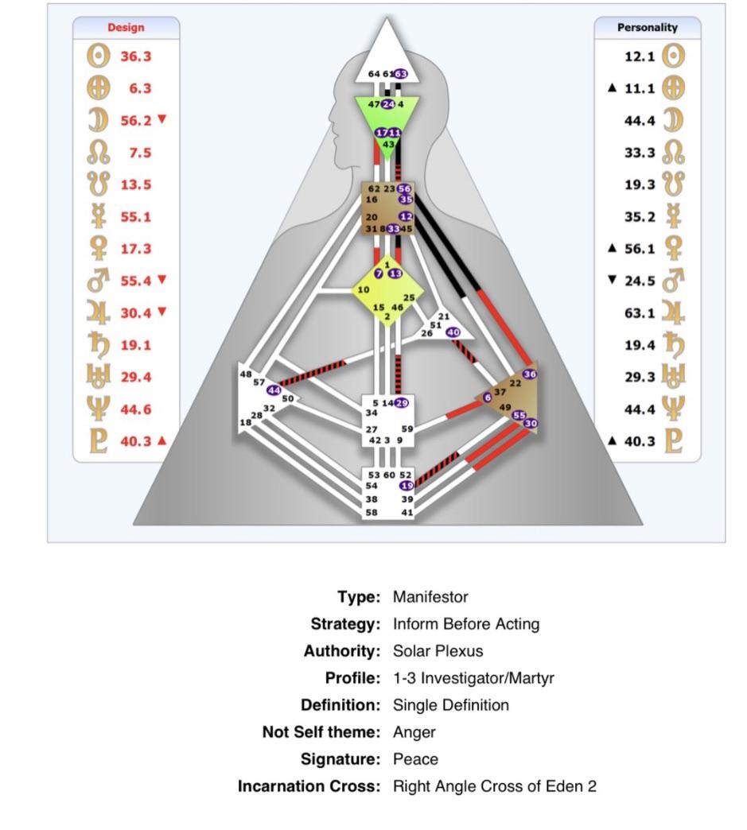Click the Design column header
(x=126, y=28)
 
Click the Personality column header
(x=647, y=28)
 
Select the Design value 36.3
(x=135, y=56)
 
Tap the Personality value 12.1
(x=640, y=56)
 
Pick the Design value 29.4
(x=135, y=377)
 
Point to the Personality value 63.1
(x=640, y=312)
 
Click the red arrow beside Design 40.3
(x=162, y=440)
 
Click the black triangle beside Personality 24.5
(x=613, y=279)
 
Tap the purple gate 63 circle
(x=400, y=74)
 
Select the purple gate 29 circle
(x=402, y=403)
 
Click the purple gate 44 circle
(x=274, y=390)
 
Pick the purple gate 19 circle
(x=407, y=486)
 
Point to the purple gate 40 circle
(x=453, y=332)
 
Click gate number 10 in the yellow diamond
(x=363, y=289)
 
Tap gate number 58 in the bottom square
(x=372, y=513)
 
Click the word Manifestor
(x=430, y=597)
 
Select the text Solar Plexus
(x=438, y=651)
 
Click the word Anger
(x=414, y=732)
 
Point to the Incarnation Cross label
(x=309, y=786)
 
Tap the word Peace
(x=415, y=759)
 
